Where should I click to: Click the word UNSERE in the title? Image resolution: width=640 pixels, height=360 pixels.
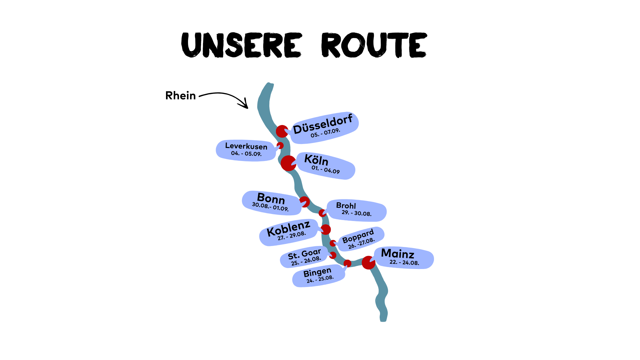(x=241, y=45)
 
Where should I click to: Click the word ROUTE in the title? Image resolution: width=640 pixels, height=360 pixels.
(x=374, y=45)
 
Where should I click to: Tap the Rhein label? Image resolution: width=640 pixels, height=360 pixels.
(x=180, y=96)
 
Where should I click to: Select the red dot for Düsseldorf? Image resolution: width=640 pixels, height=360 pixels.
(x=282, y=131)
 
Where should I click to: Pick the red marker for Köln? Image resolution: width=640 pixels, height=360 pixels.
(x=288, y=163)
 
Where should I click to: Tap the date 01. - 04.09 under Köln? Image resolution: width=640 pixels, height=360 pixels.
(x=326, y=169)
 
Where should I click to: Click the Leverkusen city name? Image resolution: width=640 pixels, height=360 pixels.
(x=246, y=146)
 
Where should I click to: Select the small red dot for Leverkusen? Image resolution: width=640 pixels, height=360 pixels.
(x=280, y=146)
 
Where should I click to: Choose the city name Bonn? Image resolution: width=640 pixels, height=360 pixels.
(x=271, y=199)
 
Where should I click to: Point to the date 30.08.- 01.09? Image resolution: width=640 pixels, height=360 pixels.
(x=270, y=207)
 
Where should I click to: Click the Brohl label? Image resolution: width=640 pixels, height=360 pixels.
(x=346, y=206)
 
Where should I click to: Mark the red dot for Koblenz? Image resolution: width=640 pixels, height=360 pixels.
(x=326, y=229)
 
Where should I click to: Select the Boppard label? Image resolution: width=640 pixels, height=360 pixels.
(x=358, y=236)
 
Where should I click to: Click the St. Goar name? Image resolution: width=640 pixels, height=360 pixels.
(x=304, y=254)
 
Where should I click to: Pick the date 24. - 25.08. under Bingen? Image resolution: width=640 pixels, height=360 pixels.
(x=320, y=279)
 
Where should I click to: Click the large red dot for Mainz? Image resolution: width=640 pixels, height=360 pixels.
(x=368, y=263)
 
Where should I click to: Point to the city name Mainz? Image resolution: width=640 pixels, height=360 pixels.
(x=398, y=254)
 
